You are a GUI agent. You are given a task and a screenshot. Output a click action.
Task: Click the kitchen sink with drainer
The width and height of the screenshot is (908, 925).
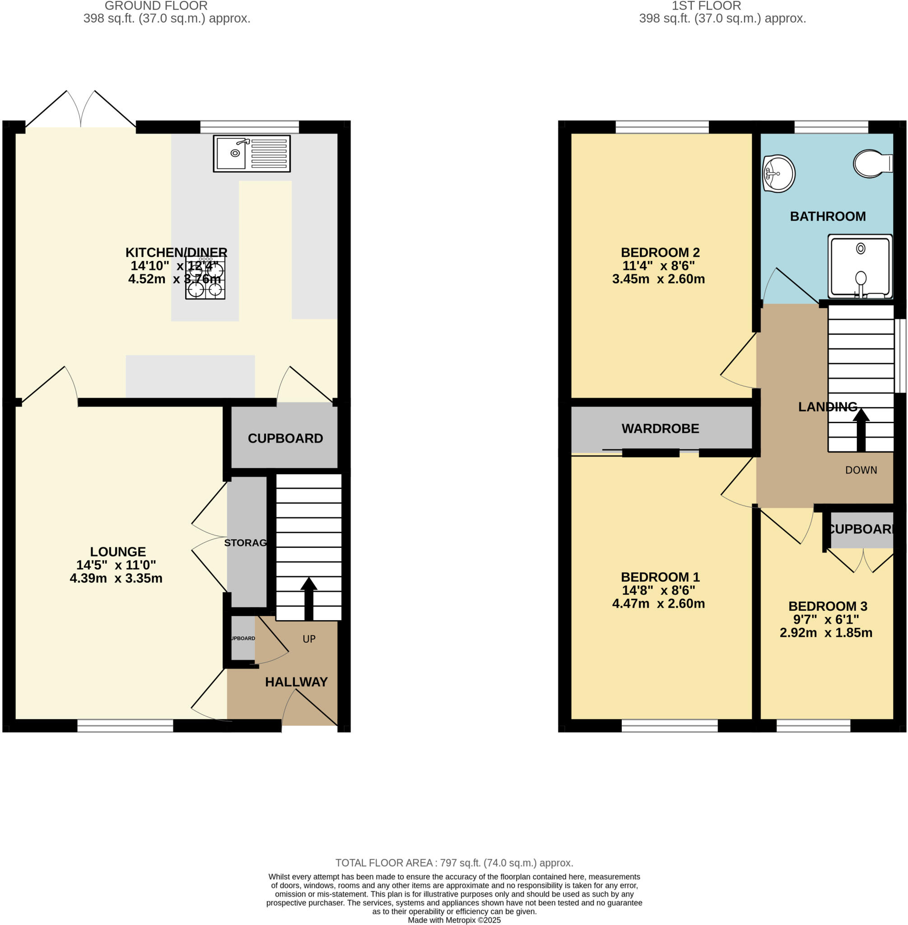[x=252, y=154]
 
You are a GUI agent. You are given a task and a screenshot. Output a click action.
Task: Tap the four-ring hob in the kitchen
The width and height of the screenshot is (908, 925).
[x=205, y=279]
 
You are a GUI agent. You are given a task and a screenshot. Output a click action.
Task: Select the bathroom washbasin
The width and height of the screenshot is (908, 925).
[x=778, y=173]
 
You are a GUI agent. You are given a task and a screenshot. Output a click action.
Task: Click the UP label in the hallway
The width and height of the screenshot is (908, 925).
[x=309, y=639]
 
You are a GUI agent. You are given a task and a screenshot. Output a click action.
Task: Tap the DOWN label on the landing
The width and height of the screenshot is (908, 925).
[x=861, y=470]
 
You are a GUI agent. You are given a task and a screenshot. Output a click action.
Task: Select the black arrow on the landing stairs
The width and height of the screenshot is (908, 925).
[x=861, y=430]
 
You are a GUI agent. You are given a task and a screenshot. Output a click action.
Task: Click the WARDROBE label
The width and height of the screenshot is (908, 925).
[x=660, y=428]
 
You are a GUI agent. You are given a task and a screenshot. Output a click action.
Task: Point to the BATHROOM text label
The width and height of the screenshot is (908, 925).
[x=828, y=216]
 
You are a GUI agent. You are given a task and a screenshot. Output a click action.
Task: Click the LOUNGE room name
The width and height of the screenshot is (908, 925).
[x=118, y=551]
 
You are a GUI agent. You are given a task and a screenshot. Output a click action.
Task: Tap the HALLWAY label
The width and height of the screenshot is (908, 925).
[x=296, y=682]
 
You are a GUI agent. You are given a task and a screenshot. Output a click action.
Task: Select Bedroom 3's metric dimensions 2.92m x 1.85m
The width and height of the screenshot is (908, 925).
[x=825, y=633]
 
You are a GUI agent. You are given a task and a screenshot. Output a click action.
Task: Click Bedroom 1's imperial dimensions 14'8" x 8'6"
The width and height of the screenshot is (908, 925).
[x=658, y=590]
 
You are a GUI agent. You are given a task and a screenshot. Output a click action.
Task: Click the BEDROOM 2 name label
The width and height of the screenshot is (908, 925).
[x=660, y=252]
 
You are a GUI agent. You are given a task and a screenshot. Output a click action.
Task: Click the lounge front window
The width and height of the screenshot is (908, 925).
[x=125, y=726]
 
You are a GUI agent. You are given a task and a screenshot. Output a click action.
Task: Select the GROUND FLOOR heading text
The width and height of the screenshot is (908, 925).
[x=156, y=6]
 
